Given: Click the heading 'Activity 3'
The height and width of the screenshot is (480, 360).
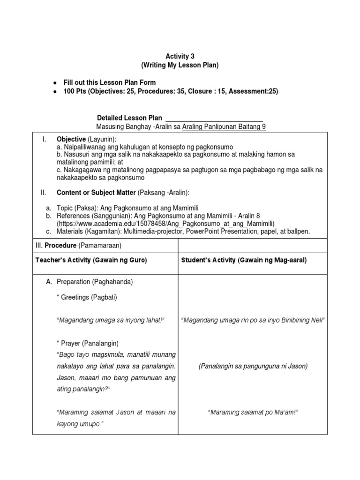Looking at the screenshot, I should [x=180, y=56].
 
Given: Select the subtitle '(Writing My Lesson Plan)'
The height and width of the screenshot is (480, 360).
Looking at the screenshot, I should [x=180, y=65].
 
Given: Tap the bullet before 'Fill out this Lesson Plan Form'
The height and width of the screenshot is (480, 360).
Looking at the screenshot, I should [x=55, y=83].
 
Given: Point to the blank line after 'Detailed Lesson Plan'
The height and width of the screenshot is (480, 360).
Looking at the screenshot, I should [x=214, y=118].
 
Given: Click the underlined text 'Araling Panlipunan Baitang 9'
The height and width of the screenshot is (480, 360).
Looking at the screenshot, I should [x=224, y=127].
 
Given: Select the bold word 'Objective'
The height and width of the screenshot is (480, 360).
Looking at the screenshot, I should [x=71, y=140].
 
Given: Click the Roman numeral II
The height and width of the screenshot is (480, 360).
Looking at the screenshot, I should [x=44, y=192].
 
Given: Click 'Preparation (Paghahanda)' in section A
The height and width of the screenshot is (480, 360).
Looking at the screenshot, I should [x=95, y=282].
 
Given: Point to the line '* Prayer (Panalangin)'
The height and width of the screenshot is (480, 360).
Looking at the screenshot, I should [x=87, y=343].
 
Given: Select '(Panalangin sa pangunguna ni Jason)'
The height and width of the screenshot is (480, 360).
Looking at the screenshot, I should [x=253, y=366].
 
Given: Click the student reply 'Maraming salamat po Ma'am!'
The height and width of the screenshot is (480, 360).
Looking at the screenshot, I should [x=253, y=412].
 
